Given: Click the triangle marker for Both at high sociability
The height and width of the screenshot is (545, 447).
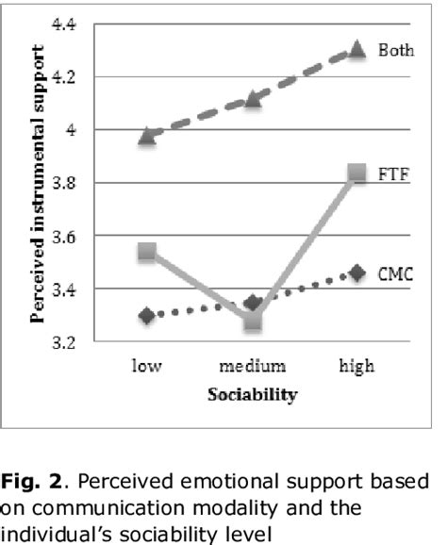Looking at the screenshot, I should [x=356, y=48].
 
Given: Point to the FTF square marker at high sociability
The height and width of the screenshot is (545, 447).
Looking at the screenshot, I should [x=356, y=173].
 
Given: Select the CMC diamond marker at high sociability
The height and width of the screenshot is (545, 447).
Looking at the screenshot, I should [x=356, y=272].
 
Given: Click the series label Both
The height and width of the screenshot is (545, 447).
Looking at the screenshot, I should [x=396, y=50].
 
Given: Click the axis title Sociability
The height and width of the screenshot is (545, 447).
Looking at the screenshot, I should [x=252, y=394].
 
